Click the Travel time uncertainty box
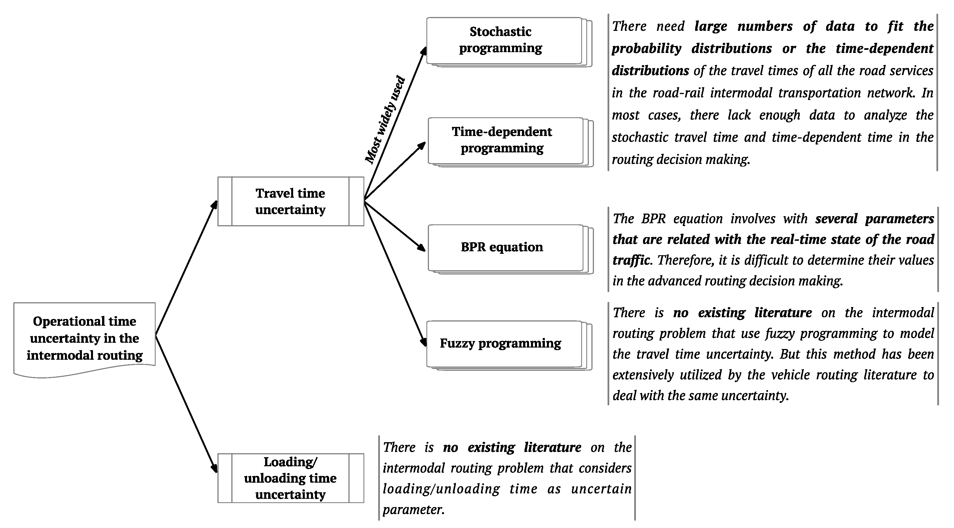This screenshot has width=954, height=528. click(290, 201)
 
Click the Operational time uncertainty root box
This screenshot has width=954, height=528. click(84, 338)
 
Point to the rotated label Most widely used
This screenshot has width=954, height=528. click(385, 119)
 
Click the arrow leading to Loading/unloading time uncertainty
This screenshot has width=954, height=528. click(186, 404)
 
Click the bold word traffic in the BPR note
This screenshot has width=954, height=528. click(631, 260)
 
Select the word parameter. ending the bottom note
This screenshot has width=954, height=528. click(413, 510)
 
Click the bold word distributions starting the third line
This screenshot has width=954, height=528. click(650, 71)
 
